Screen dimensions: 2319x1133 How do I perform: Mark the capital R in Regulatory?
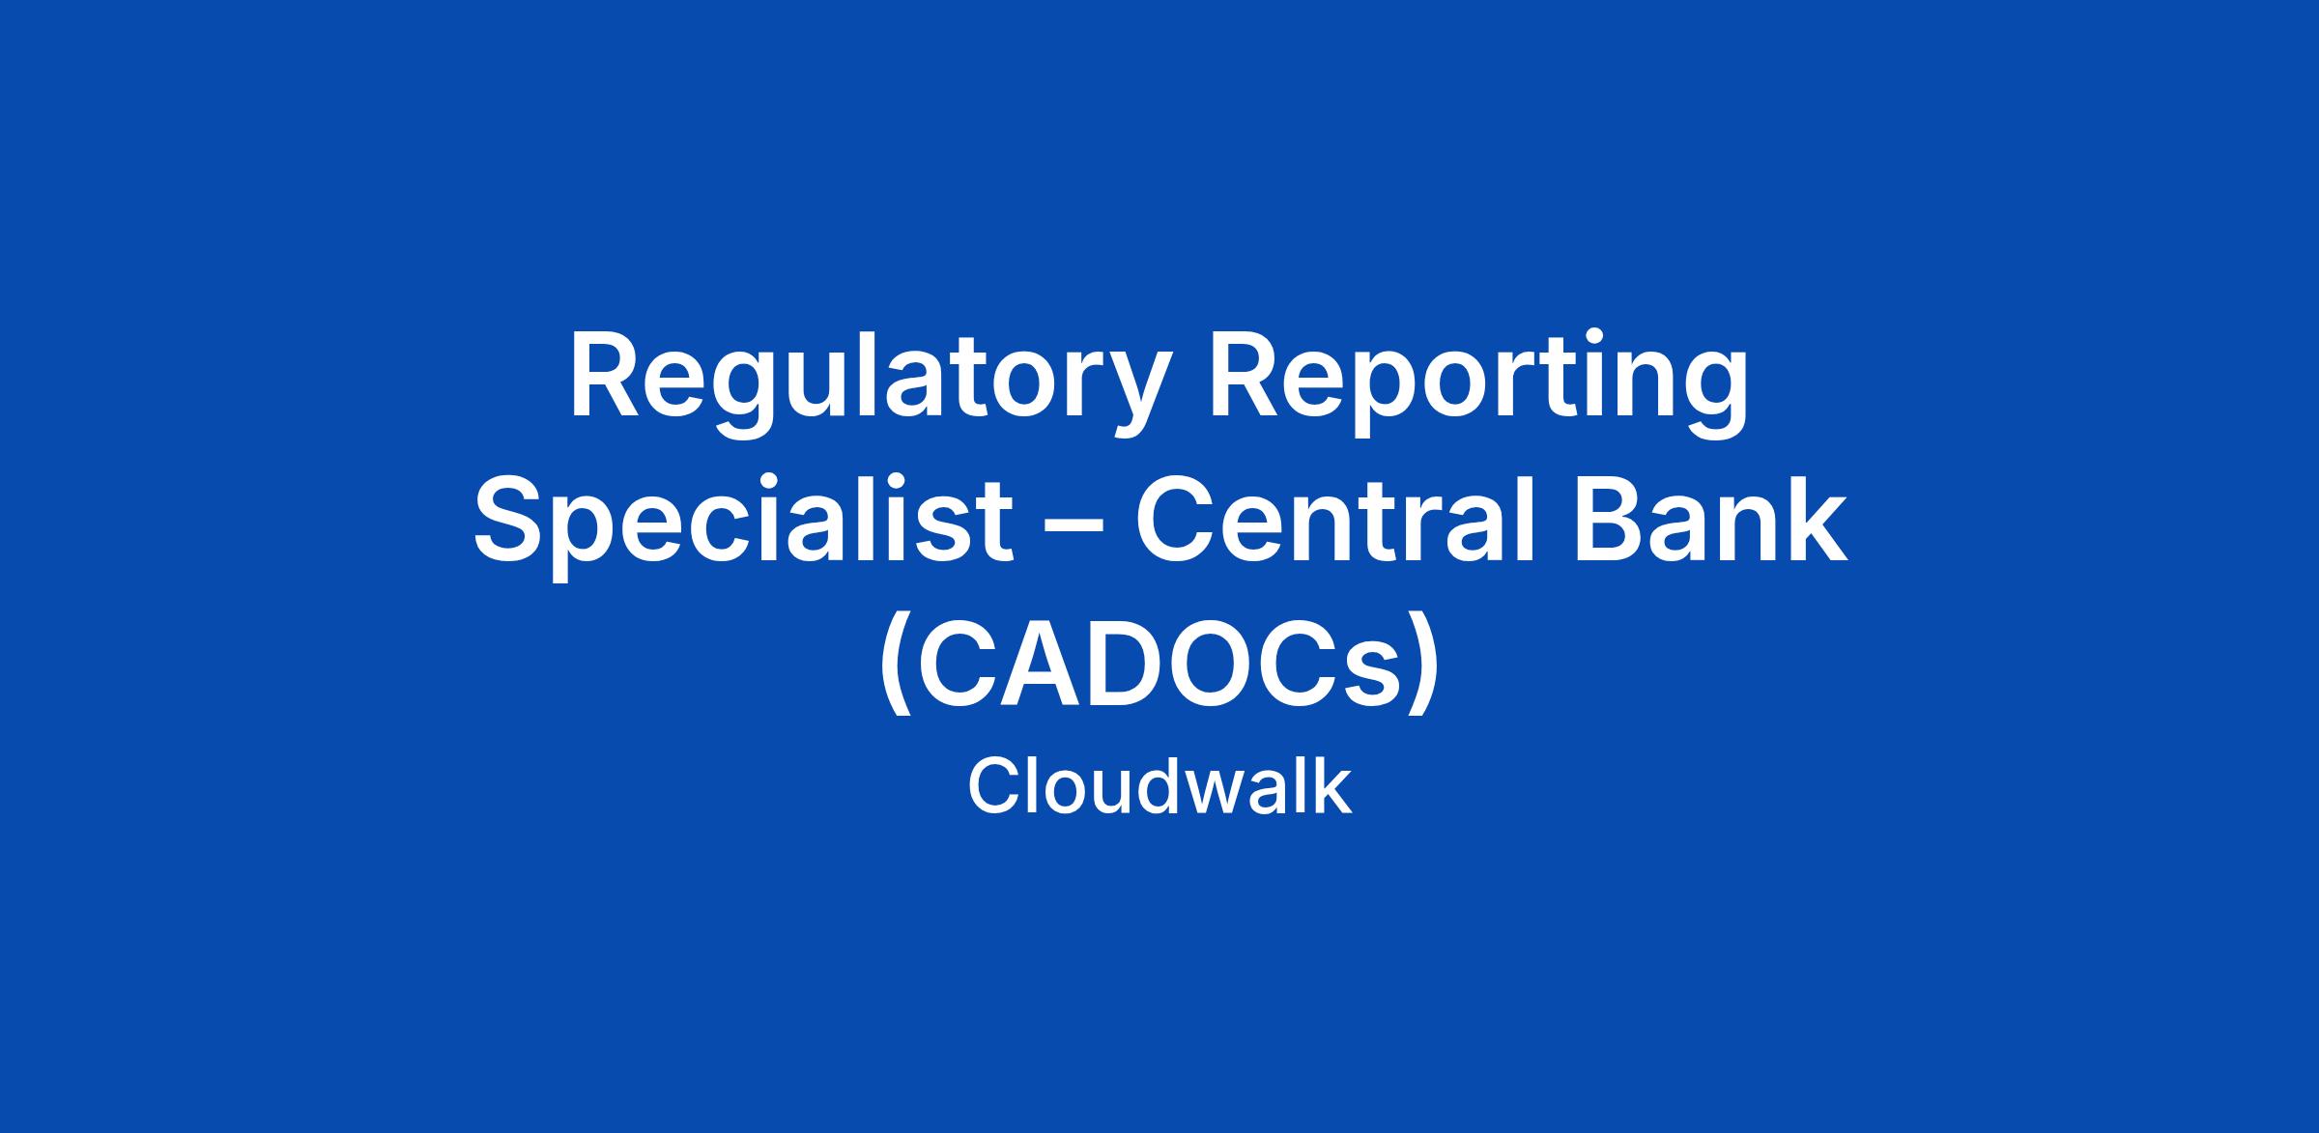coord(605,378)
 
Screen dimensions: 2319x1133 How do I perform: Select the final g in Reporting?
coord(1716,398)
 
